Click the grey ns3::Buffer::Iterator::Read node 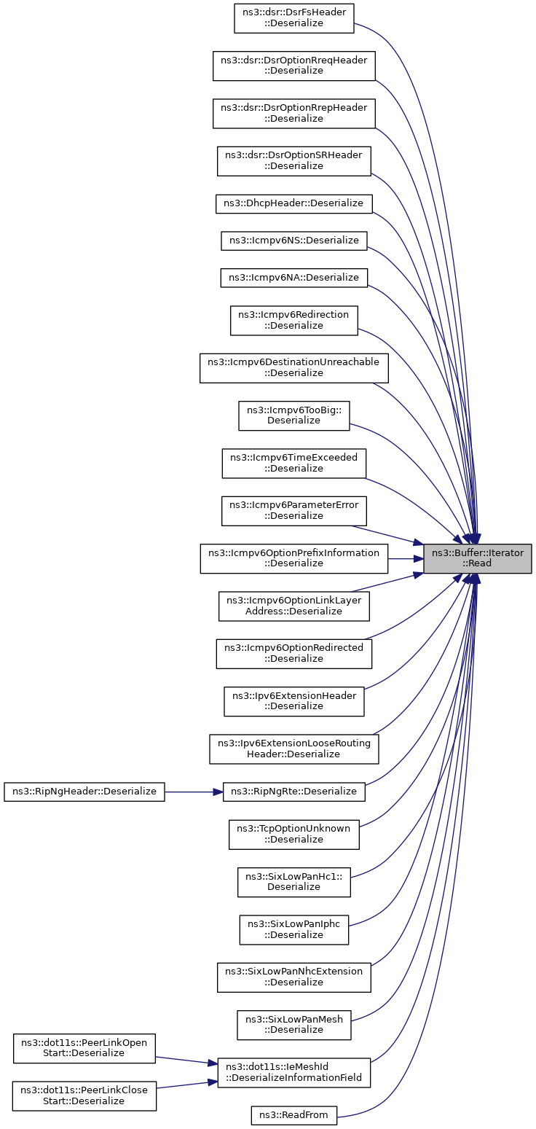tap(477, 558)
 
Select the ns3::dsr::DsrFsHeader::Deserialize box tap(293, 18)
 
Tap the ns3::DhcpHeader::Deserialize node tap(293, 203)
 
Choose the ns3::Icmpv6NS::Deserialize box tap(293, 241)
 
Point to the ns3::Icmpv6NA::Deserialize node tap(293, 278)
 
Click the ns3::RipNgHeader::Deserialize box tap(84, 792)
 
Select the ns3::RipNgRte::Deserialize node tap(293, 792)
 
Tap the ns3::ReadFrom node tap(293, 1115)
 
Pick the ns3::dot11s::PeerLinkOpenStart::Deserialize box tap(84, 1048)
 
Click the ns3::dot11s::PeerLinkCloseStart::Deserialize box tap(84, 1095)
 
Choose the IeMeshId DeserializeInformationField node tap(293, 1072)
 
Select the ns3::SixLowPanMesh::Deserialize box tap(293, 1025)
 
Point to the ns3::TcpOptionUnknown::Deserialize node tap(293, 834)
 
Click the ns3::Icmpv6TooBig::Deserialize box tap(293, 416)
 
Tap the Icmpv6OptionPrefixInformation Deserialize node tap(293, 558)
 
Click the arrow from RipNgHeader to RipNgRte tap(194, 792)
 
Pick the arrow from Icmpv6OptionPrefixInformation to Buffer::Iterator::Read tap(406, 558)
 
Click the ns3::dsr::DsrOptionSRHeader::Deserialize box tap(293, 161)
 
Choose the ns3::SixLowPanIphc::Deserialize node tap(293, 930)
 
